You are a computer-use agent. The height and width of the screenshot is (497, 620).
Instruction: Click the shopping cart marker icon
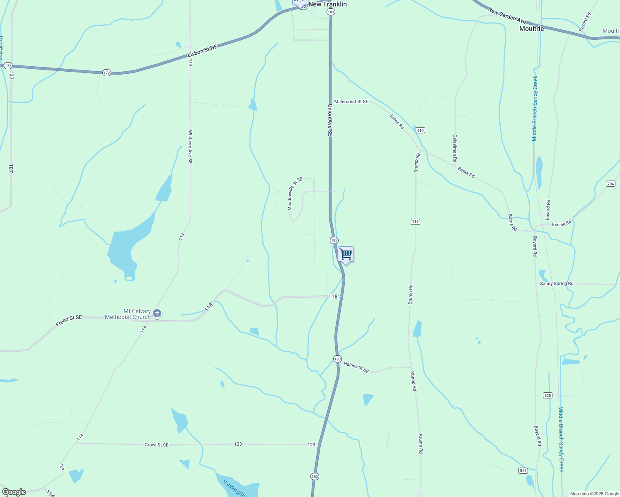346,254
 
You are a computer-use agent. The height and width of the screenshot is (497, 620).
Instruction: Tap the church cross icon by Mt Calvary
157,313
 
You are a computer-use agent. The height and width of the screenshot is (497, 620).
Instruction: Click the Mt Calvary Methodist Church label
128,314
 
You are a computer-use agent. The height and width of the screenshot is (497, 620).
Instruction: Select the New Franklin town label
327,4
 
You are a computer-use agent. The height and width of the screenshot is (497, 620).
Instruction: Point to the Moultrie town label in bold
531,29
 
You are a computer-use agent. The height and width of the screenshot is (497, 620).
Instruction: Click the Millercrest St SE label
351,101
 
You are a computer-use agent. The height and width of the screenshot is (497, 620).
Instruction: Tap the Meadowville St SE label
295,194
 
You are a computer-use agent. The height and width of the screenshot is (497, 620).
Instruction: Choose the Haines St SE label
356,367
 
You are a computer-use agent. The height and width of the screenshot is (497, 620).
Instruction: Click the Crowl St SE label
156,445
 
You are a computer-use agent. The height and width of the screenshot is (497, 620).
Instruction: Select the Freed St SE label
69,320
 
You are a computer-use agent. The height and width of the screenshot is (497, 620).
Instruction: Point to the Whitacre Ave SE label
190,147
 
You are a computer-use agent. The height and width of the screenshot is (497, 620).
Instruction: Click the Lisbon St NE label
202,51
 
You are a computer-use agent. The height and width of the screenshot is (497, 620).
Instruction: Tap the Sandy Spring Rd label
557,284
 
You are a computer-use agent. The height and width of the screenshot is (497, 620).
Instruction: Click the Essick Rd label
562,223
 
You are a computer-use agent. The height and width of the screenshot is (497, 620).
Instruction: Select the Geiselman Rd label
455,148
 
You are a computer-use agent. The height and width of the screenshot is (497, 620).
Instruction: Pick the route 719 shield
415,222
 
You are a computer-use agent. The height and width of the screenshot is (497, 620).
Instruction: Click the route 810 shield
420,130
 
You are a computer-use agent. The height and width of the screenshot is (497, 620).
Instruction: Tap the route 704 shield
610,183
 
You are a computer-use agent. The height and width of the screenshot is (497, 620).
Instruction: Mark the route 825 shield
547,396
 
